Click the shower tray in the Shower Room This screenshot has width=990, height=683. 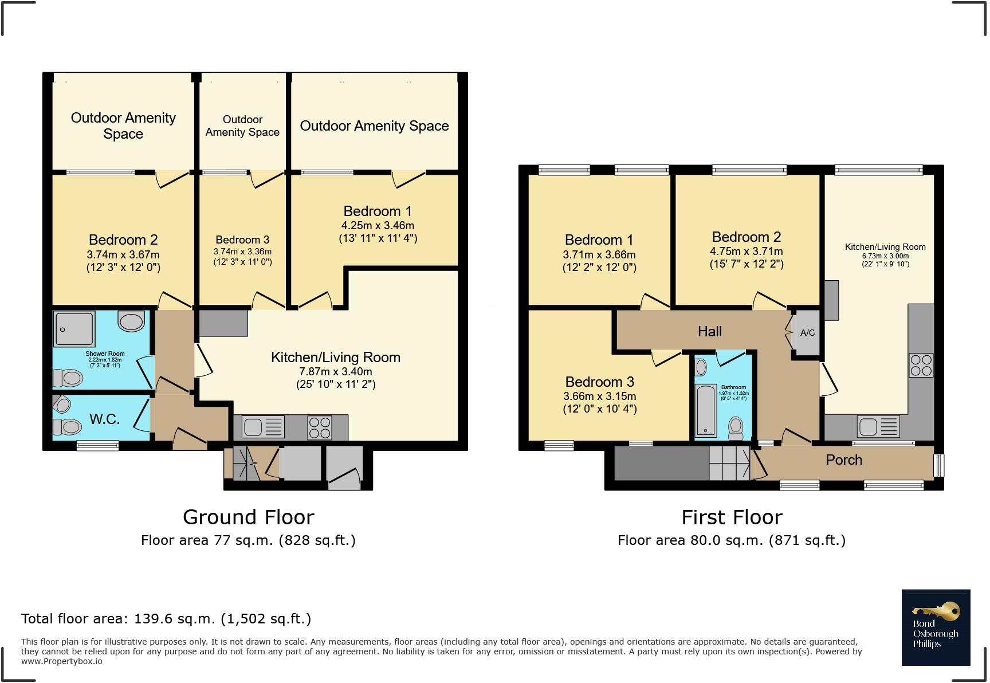pos(73,329)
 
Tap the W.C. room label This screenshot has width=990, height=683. pos(104,419)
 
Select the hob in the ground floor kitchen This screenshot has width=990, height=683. pos(320,427)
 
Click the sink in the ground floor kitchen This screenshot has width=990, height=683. pos(263,427)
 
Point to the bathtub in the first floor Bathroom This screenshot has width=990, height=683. pos(705,411)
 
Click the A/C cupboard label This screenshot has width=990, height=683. pos(807,333)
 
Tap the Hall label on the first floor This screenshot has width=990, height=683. pos(709,331)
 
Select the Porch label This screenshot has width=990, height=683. pos(843,460)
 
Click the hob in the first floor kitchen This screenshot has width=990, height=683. pos(921,365)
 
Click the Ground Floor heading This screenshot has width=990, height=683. pos(248,517)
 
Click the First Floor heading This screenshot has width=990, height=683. pos(732,517)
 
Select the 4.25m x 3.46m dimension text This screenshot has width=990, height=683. pos(378,225)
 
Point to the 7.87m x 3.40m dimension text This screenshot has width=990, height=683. pos(335,371)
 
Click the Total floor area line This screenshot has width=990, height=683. pos(166,618)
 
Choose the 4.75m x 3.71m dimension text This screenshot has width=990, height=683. pos(746,251)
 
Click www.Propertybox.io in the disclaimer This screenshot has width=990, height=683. pos(62,661)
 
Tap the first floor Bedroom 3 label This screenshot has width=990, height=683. pos(599,382)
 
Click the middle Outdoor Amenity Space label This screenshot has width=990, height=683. pos(242,125)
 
